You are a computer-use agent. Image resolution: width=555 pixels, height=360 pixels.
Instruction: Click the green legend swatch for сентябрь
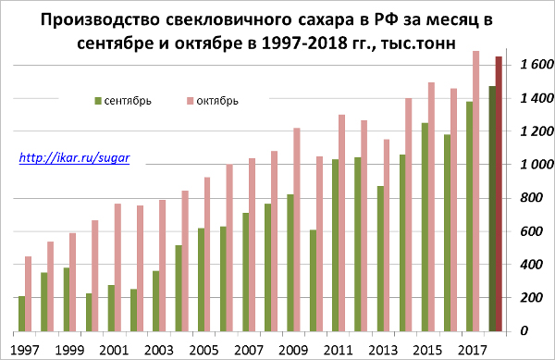[x=97, y=100]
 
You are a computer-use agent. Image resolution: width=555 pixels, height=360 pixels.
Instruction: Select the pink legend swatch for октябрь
[x=190, y=100]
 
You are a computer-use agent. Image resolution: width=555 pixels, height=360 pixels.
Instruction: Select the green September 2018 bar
[x=492, y=207]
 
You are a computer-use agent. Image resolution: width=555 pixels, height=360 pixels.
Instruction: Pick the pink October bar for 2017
[x=475, y=190]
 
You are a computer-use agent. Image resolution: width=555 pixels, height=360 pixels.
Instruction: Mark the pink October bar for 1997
[x=28, y=292]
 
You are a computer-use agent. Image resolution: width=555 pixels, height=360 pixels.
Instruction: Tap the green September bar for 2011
[x=335, y=244]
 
